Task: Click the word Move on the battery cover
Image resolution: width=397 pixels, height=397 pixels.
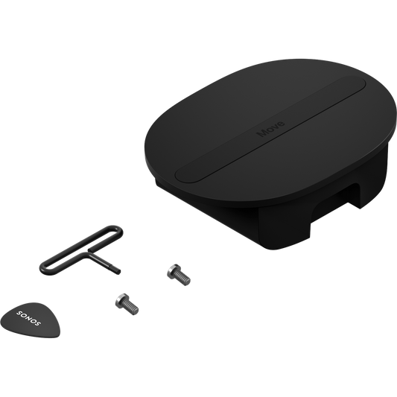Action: coord(271,129)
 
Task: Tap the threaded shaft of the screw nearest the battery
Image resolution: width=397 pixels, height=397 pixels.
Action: coord(182,278)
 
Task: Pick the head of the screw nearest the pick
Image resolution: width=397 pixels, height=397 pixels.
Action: coord(121,300)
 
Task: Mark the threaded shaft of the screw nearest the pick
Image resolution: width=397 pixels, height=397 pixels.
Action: coord(131,308)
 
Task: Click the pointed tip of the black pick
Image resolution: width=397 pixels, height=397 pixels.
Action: coord(58,335)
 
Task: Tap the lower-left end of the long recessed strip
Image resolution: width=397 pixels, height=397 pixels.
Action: coord(182,175)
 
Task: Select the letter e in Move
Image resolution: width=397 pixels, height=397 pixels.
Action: coord(281,124)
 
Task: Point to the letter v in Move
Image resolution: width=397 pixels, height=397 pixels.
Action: coord(275,127)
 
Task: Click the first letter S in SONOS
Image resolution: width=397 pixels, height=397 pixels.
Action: coord(19,313)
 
